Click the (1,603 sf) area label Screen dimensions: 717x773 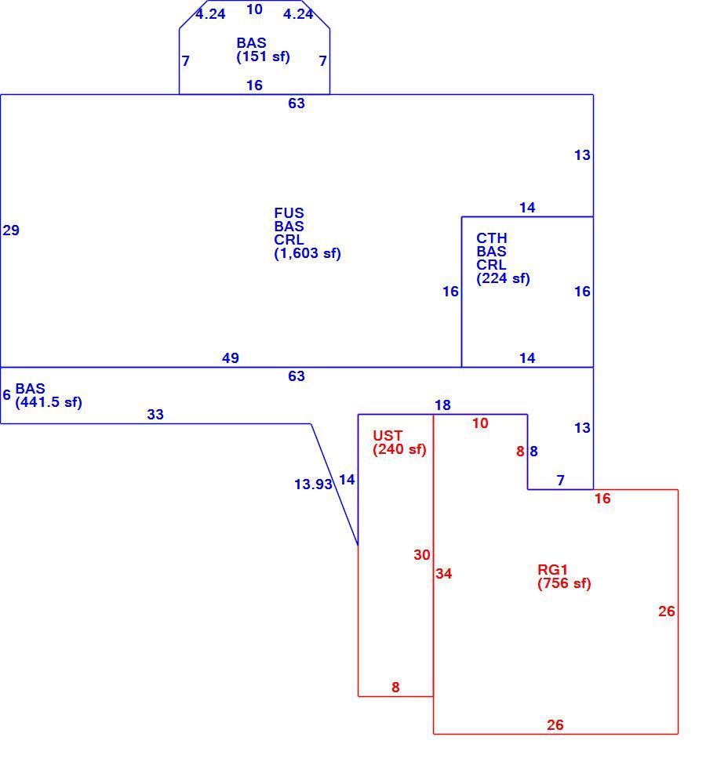[x=308, y=253]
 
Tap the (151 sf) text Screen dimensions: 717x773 [x=263, y=56]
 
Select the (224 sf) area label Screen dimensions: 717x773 [x=503, y=278]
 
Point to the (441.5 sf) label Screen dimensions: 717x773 [x=49, y=402]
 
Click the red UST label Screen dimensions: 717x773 [x=388, y=436]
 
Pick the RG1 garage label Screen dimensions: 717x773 [x=552, y=570]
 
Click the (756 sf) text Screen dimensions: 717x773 [x=564, y=584]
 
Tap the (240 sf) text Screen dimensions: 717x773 [x=399, y=449]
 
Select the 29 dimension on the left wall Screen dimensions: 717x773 [x=11, y=230]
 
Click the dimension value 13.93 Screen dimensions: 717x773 [x=313, y=484]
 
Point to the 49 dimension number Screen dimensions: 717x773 [x=231, y=358]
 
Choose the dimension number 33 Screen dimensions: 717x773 [x=155, y=415]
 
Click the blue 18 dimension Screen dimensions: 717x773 [x=442, y=405]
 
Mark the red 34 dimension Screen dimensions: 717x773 [x=444, y=574]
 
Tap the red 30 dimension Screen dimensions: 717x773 [x=422, y=555]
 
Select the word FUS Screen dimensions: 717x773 [x=289, y=213]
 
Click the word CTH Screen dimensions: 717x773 [x=492, y=238]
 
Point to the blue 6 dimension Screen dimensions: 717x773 [x=6, y=395]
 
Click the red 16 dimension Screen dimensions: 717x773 [x=602, y=499]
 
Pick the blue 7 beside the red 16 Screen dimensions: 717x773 [x=560, y=480]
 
